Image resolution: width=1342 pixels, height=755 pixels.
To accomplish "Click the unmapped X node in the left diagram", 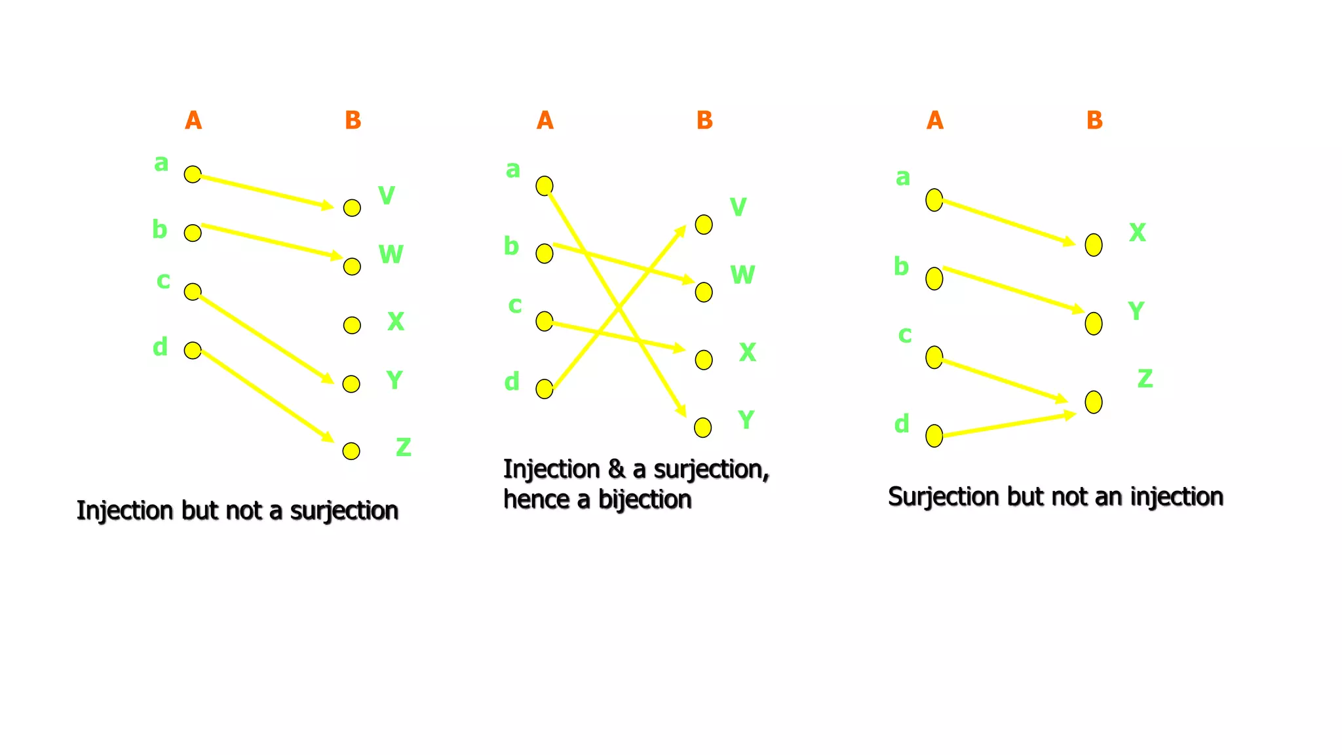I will [352, 325].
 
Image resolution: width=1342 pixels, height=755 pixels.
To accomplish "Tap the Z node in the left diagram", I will [351, 451].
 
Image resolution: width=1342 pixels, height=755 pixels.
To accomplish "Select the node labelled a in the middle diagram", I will [545, 186].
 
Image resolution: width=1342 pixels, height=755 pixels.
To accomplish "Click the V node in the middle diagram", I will [704, 225].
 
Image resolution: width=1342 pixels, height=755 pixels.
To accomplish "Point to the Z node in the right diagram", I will [1094, 402].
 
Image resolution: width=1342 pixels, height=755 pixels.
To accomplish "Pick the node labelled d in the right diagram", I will [934, 435].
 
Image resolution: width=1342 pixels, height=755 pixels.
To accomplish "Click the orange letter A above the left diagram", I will [193, 121].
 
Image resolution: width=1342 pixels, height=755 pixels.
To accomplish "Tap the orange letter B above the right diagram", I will [1094, 121].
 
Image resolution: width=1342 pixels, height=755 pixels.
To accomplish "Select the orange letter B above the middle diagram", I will [704, 121].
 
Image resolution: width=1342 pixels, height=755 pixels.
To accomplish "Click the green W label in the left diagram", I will [391, 254].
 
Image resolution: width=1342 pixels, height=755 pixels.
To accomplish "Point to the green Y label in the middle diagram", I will [746, 419].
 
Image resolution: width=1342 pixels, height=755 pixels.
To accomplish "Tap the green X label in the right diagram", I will [1138, 233].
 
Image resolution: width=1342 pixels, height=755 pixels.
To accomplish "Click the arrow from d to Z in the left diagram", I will [265, 395].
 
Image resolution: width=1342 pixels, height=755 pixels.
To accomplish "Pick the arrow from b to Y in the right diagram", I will [1012, 289].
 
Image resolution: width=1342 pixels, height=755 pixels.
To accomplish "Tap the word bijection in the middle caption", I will [645, 500].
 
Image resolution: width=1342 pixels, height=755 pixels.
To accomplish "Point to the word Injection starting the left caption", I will [126, 511].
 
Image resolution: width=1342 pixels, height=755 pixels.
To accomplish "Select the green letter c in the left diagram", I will [163, 281].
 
